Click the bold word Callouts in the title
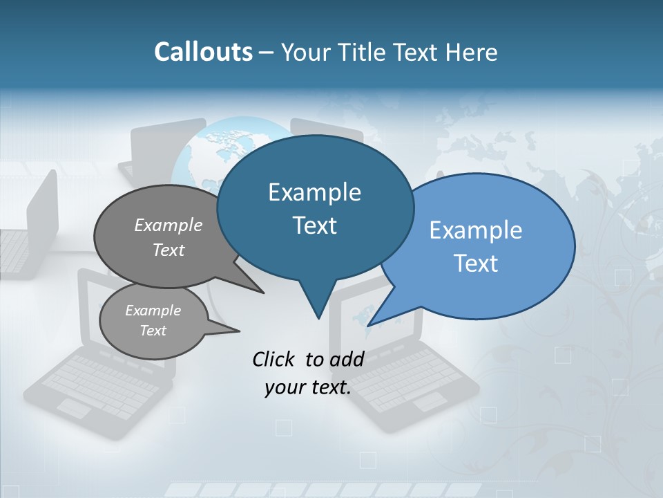click(x=203, y=52)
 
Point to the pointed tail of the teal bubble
click(x=318, y=315)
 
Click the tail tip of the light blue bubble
click(x=370, y=324)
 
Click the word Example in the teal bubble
click(x=314, y=192)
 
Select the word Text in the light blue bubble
click(x=476, y=264)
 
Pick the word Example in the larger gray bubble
click(x=169, y=225)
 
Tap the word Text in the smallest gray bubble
click(x=153, y=331)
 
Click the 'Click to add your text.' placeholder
click(x=308, y=373)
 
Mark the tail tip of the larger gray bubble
click(x=262, y=293)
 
